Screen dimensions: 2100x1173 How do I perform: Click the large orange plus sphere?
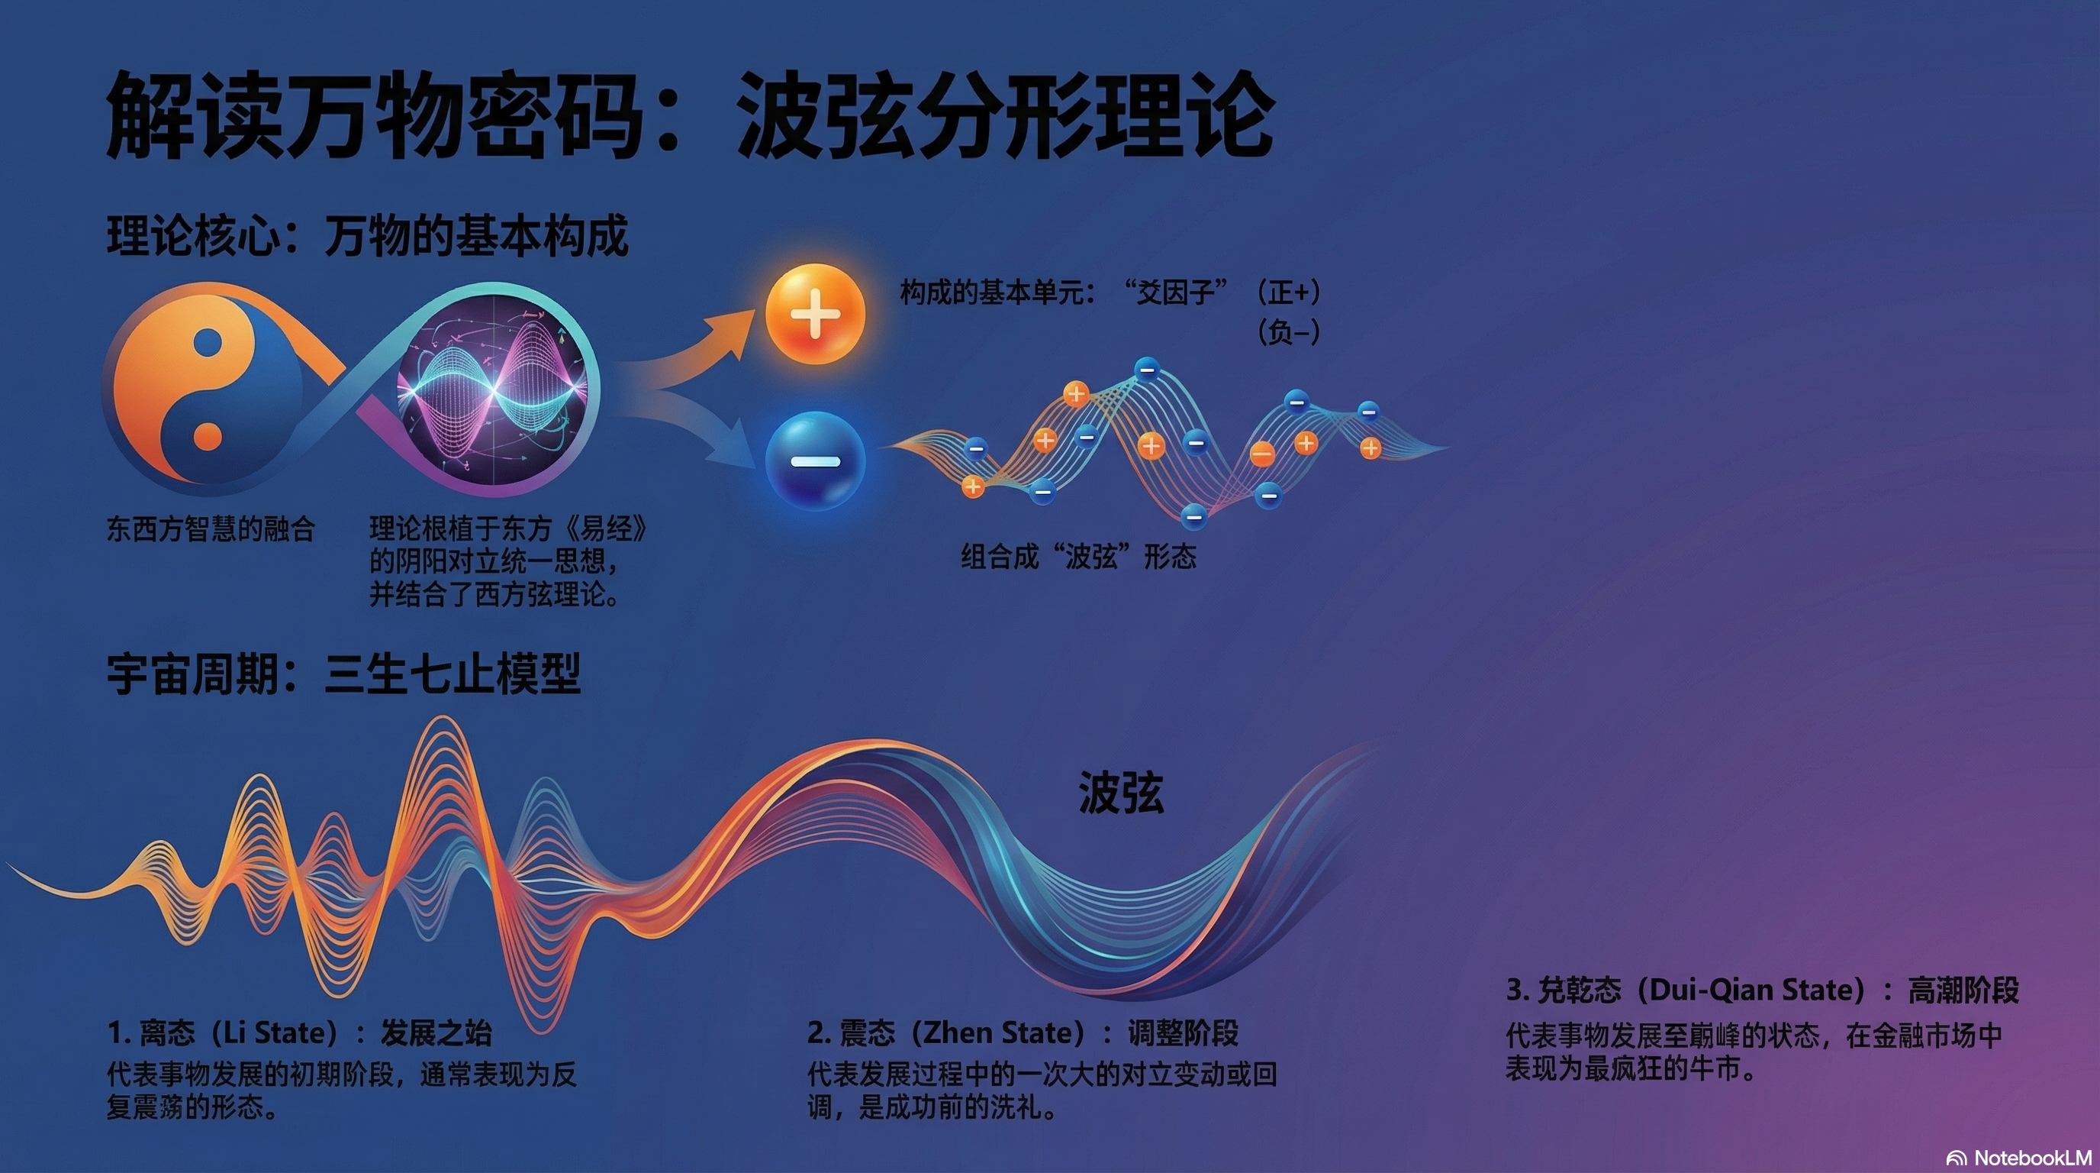814,314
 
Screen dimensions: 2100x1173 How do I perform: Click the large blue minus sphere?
814,462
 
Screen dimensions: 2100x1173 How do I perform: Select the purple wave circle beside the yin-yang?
493,390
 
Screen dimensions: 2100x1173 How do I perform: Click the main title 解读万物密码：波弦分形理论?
690,115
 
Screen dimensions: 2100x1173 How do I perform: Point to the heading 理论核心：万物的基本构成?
368,237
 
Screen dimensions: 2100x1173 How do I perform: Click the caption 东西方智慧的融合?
211,529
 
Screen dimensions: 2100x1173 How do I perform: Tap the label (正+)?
1288,292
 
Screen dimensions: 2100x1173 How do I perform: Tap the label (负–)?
1288,332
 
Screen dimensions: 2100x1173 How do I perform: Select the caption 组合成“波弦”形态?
1078,557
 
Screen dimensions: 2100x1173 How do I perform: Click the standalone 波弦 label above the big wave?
1121,793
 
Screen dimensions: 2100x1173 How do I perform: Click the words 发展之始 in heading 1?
436,1033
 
